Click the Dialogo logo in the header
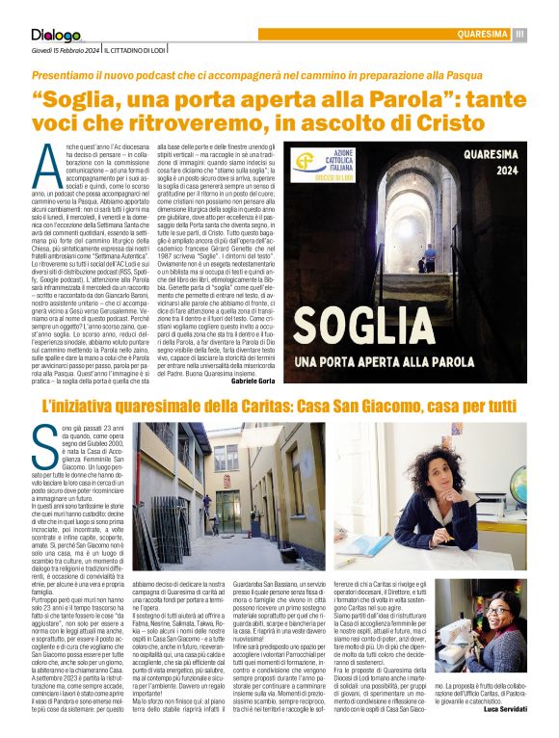tap(55, 36)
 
